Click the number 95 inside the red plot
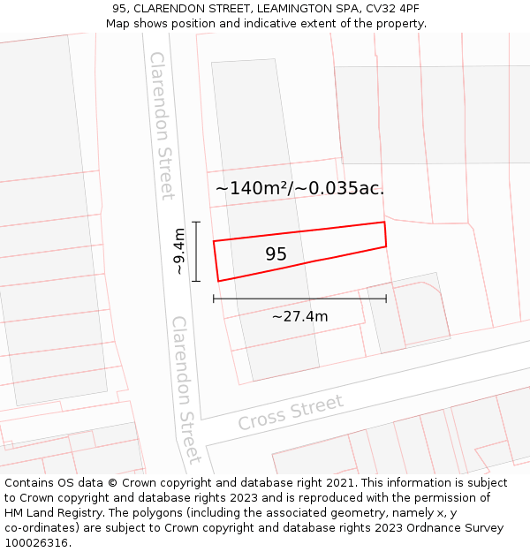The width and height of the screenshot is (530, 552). pos(276,254)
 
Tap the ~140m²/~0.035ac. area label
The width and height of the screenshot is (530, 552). pos(299,188)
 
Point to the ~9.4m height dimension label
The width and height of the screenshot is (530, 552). pos(179,252)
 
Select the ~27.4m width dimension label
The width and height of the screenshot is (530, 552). pos(299,316)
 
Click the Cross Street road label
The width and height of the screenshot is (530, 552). pos(290,412)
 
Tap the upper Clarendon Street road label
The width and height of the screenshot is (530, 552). pos(162,125)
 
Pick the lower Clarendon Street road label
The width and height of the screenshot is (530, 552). pos(186,389)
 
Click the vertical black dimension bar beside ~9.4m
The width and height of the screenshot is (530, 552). pos(196,252)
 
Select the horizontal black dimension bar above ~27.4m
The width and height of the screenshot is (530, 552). pos(299,299)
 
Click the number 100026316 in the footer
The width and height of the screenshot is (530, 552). pos(37,542)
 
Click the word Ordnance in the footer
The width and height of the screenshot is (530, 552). pos(433,528)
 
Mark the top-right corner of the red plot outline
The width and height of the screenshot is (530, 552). pos(384,223)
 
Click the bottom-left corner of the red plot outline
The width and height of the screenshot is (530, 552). pos(218,281)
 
